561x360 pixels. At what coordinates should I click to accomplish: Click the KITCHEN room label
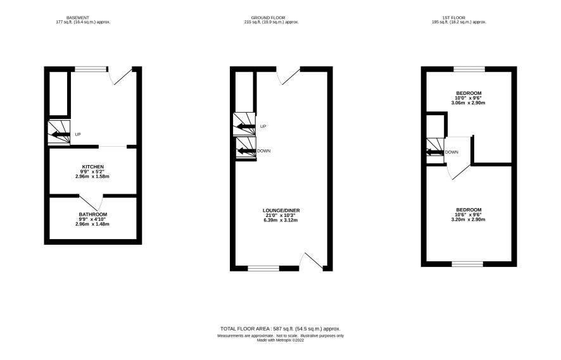click(x=93, y=167)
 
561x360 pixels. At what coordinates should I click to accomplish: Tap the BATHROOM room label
click(x=93, y=214)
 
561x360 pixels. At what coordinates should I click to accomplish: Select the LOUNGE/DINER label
click(x=281, y=211)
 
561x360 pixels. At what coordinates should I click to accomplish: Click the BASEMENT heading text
click(x=78, y=18)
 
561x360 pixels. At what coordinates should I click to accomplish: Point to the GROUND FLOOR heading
click(x=268, y=18)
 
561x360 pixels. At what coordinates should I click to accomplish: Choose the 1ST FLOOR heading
click(x=453, y=18)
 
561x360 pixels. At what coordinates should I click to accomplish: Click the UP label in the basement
click(x=78, y=134)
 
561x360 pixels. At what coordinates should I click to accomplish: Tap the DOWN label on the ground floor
click(x=263, y=151)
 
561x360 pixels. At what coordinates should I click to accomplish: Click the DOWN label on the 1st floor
click(x=451, y=152)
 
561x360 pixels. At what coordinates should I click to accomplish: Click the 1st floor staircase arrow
click(x=435, y=152)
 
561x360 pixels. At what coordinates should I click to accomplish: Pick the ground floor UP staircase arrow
click(x=246, y=126)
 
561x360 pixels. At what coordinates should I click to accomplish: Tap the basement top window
click(x=91, y=69)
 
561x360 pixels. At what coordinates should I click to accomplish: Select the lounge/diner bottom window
click(x=263, y=268)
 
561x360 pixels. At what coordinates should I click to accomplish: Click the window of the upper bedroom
click(x=469, y=69)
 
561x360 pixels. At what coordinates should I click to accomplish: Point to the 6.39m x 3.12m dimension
click(x=280, y=220)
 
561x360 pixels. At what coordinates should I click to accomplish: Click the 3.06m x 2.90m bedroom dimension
click(x=469, y=103)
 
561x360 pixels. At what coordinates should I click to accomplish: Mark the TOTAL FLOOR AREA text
click(x=280, y=329)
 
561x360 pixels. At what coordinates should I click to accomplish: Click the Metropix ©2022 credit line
click(x=280, y=340)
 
